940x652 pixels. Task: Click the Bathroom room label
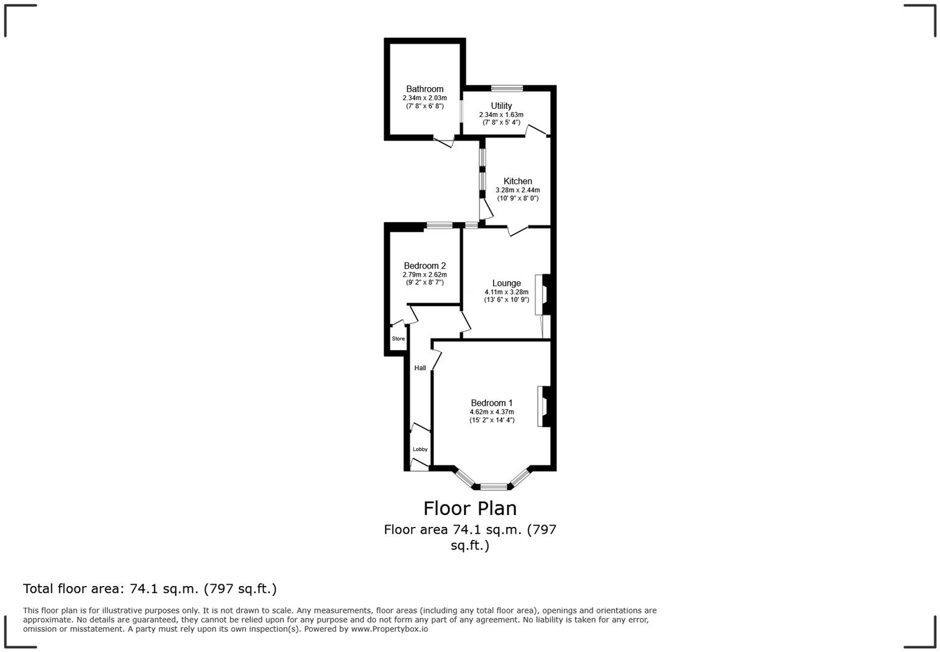(425, 89)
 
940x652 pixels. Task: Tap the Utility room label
(501, 106)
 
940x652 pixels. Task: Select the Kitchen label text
(517, 181)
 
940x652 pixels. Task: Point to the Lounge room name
(506, 283)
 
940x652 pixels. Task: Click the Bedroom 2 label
(425, 266)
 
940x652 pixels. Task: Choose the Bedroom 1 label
(491, 403)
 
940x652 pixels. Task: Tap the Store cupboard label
(398, 339)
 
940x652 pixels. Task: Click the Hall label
(420, 368)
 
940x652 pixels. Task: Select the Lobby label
(420, 449)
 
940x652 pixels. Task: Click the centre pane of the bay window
(494, 487)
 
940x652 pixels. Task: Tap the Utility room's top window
(507, 88)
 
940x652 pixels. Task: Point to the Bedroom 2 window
(439, 225)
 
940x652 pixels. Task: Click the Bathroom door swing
(444, 142)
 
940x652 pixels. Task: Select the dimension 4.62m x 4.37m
(491, 412)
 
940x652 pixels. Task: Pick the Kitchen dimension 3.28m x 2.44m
(517, 190)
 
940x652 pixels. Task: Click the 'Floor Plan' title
(470, 508)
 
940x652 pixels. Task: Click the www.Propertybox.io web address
(389, 629)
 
